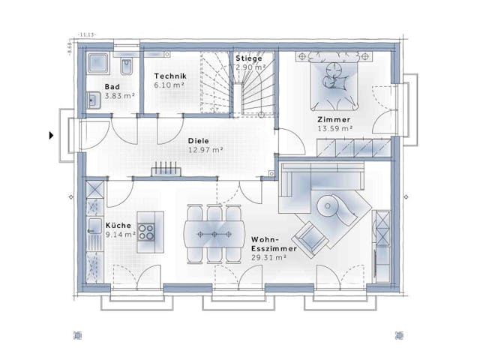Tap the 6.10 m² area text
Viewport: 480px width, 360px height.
click(x=170, y=85)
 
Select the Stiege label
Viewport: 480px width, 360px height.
click(x=249, y=58)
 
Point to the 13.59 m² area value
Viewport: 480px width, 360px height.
click(x=334, y=128)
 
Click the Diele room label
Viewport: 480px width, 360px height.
click(x=198, y=139)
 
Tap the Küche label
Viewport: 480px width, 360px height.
click(x=118, y=225)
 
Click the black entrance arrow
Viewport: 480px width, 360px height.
click(x=51, y=136)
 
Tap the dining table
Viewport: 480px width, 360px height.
click(x=214, y=233)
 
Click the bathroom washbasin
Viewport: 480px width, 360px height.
click(x=93, y=99)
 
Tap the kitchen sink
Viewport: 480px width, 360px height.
click(x=94, y=228)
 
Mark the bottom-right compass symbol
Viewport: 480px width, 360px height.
click(x=397, y=334)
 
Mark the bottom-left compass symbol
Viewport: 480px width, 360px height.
click(x=76, y=334)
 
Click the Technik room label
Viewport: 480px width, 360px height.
click(x=170, y=76)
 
